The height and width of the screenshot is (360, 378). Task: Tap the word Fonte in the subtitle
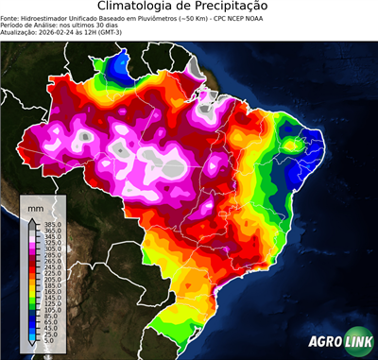(x=11, y=18)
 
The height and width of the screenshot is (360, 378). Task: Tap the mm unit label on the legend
(x=36, y=205)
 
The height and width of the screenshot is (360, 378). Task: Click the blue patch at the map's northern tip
(x=120, y=67)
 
